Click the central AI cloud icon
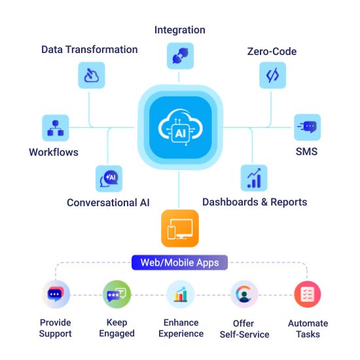(180, 128)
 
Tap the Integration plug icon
(180, 56)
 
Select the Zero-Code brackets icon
(272, 75)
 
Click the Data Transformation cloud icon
(92, 75)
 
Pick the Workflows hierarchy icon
(56, 128)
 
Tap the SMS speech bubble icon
(307, 127)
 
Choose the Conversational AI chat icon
(109, 179)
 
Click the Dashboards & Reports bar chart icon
(254, 178)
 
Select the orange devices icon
(180, 228)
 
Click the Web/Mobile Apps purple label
(179, 262)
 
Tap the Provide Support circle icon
(56, 295)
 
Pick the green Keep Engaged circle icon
(117, 295)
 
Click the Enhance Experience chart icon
(181, 295)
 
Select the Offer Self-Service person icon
(244, 295)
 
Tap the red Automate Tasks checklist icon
(308, 295)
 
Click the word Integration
(180, 30)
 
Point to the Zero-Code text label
(272, 52)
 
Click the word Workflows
(54, 153)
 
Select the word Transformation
(102, 50)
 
